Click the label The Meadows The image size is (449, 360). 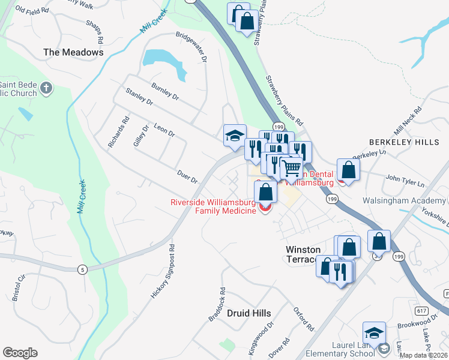(x=73, y=52)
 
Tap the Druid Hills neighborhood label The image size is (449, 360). (x=249, y=313)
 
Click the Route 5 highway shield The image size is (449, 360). (x=80, y=269)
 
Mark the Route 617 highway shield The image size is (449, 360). (x=421, y=310)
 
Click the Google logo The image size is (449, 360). (x=20, y=353)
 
